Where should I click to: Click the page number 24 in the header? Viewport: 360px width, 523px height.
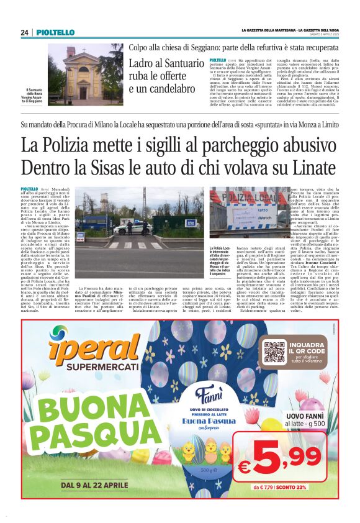click(x=25, y=32)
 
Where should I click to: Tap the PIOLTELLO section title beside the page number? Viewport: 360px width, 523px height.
click(x=55, y=32)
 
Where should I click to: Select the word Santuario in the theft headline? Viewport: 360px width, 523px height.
click(x=182, y=63)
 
